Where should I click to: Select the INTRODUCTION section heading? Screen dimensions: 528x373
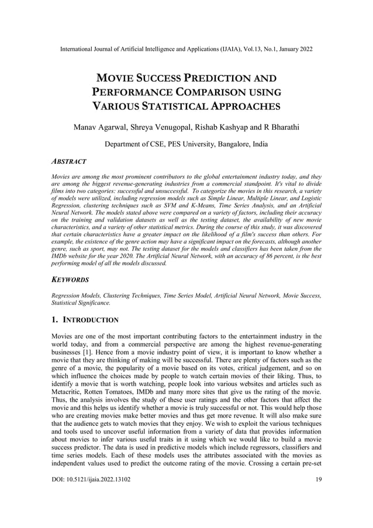tap(91, 320)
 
